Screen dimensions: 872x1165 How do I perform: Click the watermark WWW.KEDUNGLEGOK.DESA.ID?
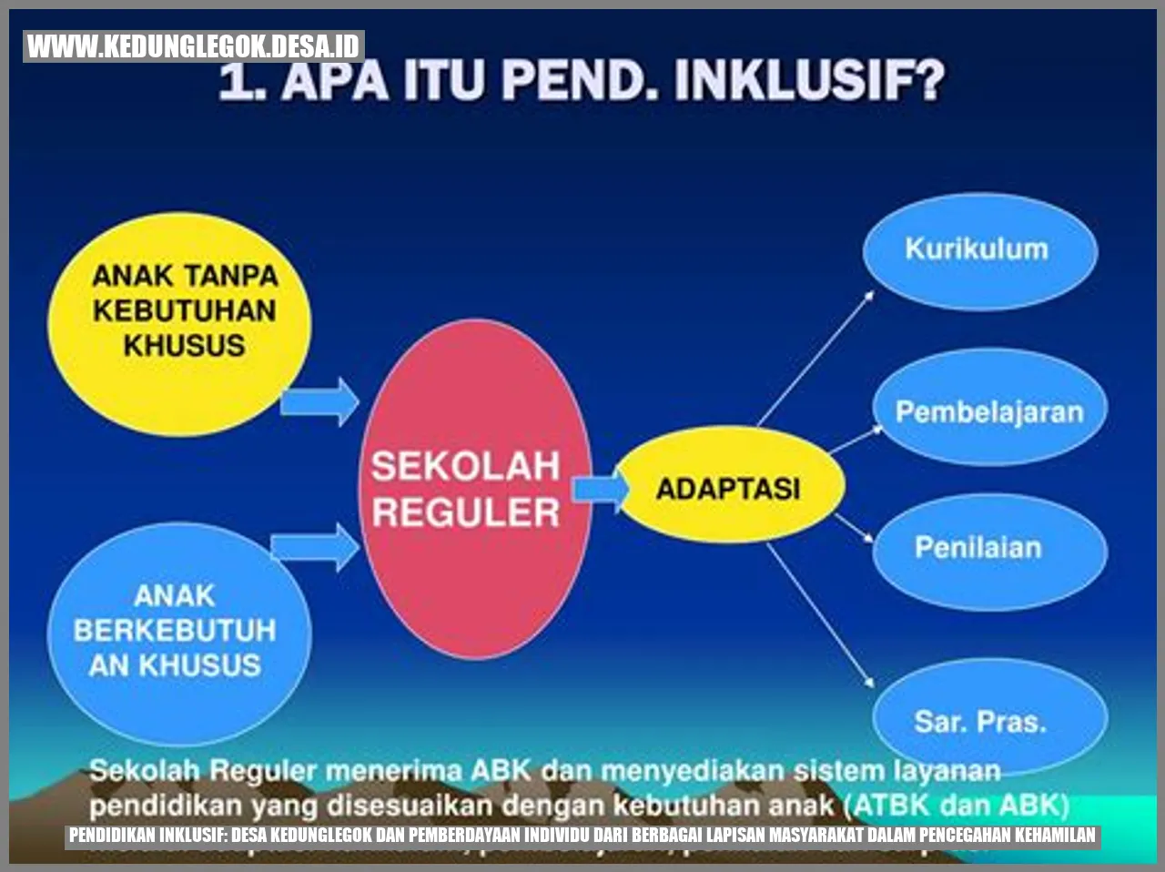pos(193,46)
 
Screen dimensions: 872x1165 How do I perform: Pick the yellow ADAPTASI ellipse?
pos(728,488)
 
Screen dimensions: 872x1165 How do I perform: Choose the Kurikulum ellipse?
pos(978,249)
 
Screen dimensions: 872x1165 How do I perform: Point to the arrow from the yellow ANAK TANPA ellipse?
pos(319,401)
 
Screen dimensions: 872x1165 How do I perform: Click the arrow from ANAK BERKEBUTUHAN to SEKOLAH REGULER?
pos(315,547)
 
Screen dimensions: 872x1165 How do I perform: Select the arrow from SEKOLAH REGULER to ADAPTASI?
pos(601,490)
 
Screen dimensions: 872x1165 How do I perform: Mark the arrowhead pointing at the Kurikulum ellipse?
pos(868,295)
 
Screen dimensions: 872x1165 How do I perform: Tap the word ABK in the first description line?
pos(500,771)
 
